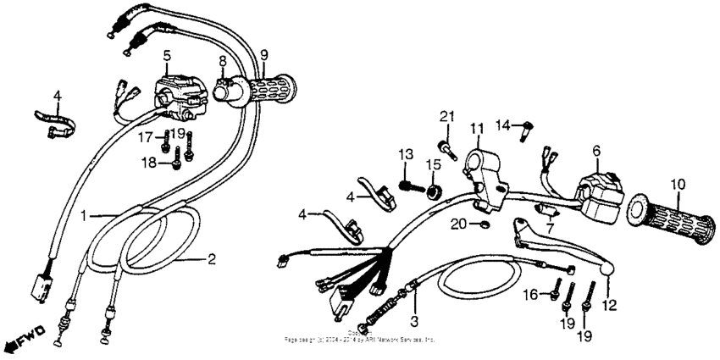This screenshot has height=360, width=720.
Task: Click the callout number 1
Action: [84, 214]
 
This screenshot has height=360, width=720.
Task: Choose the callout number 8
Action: [222, 62]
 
